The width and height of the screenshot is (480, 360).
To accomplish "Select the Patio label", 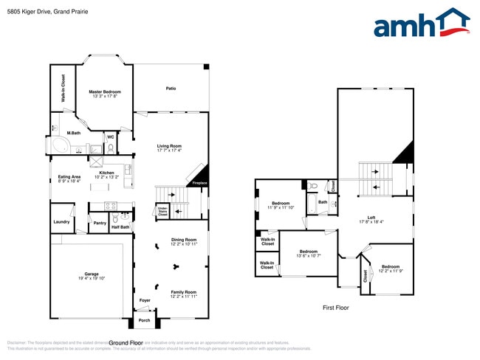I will (171, 89).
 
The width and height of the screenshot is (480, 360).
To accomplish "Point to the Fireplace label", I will (199, 183).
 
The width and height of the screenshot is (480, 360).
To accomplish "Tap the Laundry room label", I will (62, 222).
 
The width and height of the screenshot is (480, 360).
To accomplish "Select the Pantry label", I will (100, 222).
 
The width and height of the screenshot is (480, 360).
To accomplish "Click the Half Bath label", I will (120, 227).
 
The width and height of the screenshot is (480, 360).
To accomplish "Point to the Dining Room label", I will (184, 241).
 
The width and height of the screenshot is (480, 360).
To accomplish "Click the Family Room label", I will (184, 294).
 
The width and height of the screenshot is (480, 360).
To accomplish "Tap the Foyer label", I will (145, 300).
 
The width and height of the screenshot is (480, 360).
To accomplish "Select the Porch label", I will (144, 320).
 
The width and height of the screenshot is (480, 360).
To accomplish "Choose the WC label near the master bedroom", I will (110, 136).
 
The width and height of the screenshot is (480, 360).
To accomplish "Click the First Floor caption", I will (336, 308).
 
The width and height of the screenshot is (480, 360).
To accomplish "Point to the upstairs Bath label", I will (323, 201).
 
